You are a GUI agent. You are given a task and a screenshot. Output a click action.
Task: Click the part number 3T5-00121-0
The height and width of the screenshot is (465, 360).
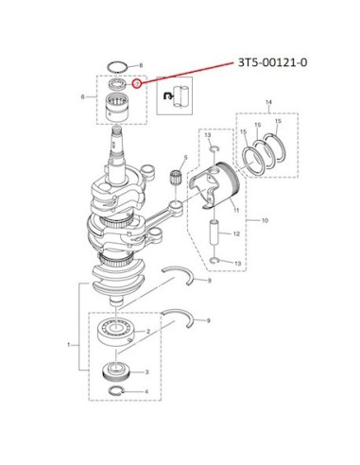(x=273, y=62)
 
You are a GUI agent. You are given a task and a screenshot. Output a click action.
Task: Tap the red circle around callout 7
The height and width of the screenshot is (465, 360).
(x=137, y=84)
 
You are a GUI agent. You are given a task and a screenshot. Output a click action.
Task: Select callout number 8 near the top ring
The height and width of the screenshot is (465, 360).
(x=141, y=65)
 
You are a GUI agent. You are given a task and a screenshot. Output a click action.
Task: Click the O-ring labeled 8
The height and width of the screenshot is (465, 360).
(x=117, y=67)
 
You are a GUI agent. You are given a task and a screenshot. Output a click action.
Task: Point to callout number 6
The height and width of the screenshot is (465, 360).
(x=83, y=96)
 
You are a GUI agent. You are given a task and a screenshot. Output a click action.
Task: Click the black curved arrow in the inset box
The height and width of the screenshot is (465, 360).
(x=168, y=95)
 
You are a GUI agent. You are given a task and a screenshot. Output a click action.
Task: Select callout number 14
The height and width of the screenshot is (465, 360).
(x=268, y=102)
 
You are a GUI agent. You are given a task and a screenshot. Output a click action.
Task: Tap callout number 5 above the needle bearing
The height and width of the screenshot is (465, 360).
(x=185, y=157)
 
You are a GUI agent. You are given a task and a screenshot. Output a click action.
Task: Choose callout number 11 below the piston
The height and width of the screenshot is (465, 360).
(x=236, y=210)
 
